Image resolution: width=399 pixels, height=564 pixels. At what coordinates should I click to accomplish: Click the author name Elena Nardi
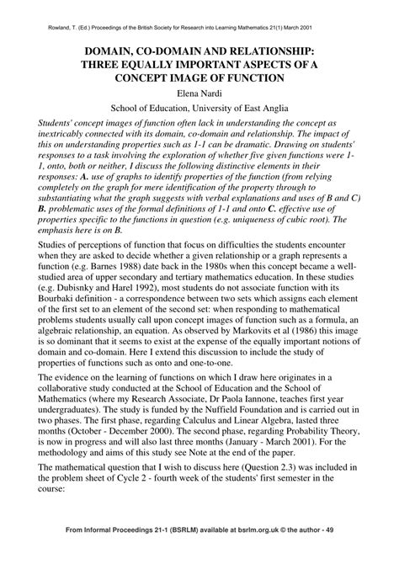point(199,92)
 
